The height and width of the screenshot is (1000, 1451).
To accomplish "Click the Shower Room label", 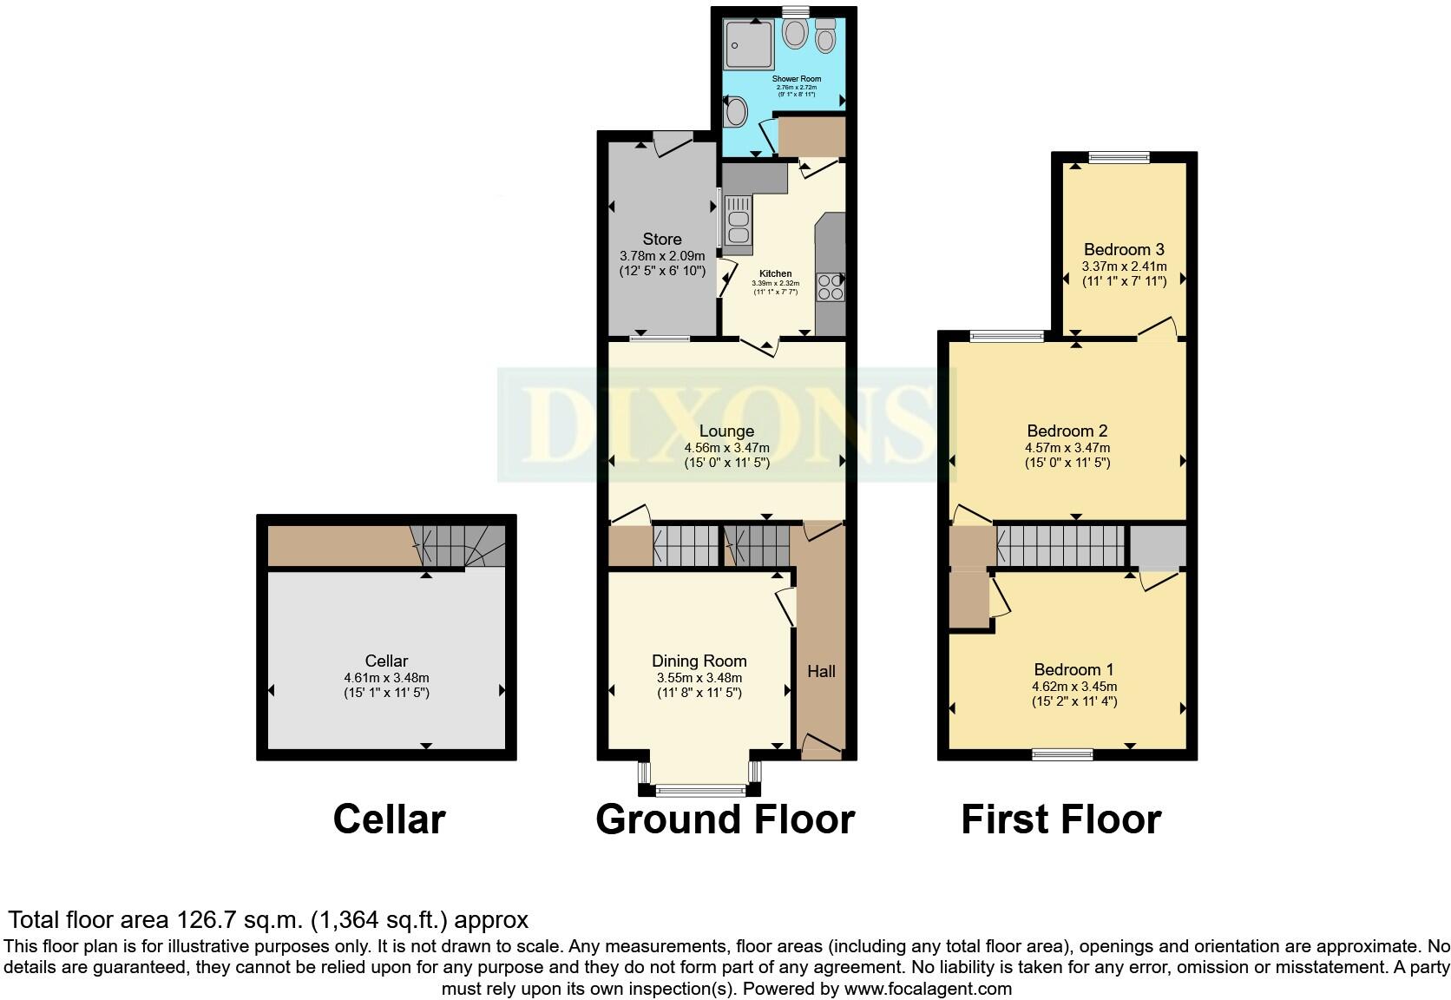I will tap(796, 79).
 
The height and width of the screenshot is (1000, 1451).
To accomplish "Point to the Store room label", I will tap(662, 239).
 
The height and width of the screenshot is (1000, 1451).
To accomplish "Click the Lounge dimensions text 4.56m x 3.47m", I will tap(726, 448).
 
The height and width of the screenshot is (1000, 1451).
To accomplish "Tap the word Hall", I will tap(821, 671).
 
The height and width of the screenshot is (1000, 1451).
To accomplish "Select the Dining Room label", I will tap(699, 661).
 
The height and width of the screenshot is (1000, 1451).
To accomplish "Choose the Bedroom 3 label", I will tap(1124, 249).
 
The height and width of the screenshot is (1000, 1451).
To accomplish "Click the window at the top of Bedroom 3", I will tap(1119, 157).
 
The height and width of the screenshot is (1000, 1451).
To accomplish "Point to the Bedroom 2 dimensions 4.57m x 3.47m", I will tap(1067, 448).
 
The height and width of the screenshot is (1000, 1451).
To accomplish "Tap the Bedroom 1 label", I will tap(1073, 669).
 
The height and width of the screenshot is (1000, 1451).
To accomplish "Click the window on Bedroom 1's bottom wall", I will tap(1062, 755).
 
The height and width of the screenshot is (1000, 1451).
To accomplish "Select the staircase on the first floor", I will tap(1060, 546).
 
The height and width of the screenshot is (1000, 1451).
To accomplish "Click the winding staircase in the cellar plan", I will tap(460, 545).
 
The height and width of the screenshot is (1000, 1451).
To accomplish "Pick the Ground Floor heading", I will tap(725, 819).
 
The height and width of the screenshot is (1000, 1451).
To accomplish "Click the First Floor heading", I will tap(1060, 819).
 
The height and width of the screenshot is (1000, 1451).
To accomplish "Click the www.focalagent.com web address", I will tap(927, 988).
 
